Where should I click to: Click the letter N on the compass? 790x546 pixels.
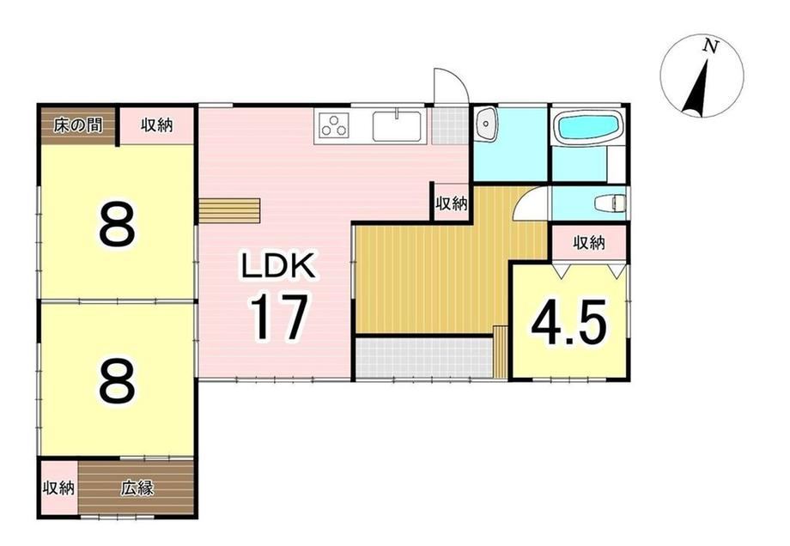710,46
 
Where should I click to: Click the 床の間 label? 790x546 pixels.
77,125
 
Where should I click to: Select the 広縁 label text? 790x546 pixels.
137,488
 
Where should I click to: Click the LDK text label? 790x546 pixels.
278,265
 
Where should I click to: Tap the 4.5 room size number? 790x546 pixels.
568,322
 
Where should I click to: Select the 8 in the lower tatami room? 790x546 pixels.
118,381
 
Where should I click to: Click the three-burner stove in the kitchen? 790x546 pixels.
332,126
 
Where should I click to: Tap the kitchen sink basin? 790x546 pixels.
397,126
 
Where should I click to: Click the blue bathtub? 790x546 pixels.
587,127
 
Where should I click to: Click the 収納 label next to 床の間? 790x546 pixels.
156,124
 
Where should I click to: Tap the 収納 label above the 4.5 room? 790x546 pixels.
589,243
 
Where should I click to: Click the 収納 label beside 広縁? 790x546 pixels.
58,488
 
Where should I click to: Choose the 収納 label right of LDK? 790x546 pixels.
452,204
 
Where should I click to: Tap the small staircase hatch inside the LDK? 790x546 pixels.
229,210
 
